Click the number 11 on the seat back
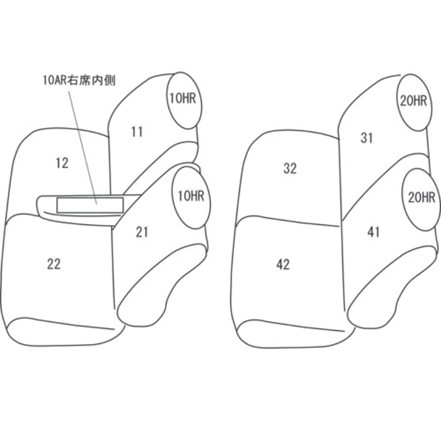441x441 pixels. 137,131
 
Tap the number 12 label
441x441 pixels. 62,163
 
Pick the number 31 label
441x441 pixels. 367,138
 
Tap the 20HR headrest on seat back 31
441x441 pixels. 412,100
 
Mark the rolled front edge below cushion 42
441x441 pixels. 292,334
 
